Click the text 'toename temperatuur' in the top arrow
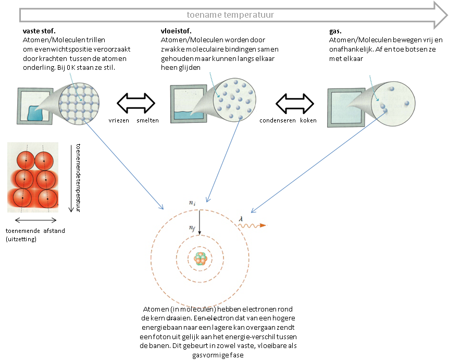coord(231,15)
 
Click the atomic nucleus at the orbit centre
coord(201,258)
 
